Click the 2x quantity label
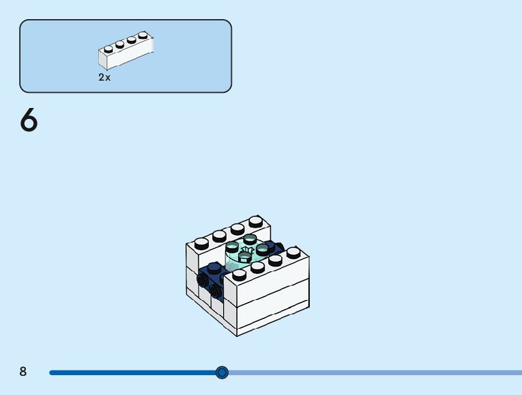tap(104, 78)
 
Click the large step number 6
tap(29, 121)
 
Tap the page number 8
tap(23, 372)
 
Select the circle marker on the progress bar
tap(222, 372)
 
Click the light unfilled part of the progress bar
tap(375, 372)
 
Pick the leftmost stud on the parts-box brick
tap(108, 49)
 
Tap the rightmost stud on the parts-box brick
tap(143, 35)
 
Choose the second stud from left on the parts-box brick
tap(119, 44)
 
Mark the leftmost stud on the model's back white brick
tap(201, 242)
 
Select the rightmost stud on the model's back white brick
tap(255, 221)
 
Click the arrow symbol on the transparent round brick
tap(248, 251)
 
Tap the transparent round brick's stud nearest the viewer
tap(244, 256)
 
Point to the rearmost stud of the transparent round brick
tap(250, 239)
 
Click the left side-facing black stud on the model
tap(201, 280)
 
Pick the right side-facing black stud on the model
tap(216, 291)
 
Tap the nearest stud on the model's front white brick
tap(240, 275)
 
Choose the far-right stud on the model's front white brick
tap(293, 252)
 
